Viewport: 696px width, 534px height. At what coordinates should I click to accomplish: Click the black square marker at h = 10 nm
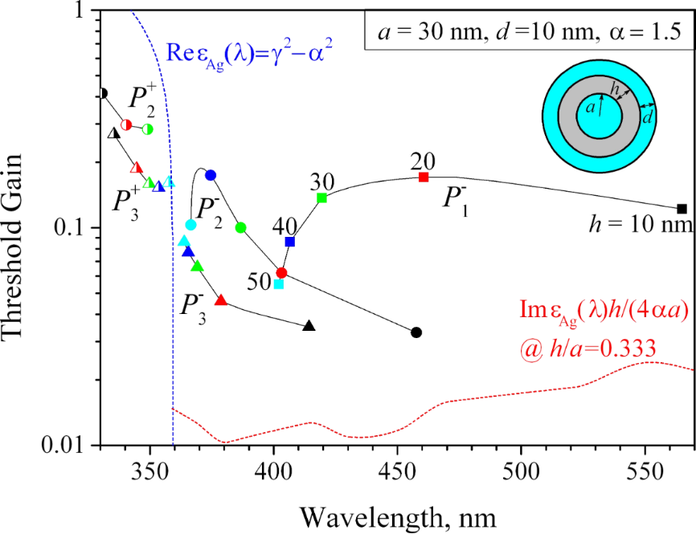[682, 209]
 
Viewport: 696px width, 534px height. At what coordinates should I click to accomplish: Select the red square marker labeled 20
[424, 177]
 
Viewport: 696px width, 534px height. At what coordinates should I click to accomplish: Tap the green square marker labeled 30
[321, 198]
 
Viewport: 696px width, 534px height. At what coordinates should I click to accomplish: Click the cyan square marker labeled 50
[279, 283]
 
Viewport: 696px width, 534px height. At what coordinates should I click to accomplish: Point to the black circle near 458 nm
[416, 332]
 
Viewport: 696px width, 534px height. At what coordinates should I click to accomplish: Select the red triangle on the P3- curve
[221, 300]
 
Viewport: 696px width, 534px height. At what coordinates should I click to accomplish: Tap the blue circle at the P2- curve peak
[211, 175]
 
